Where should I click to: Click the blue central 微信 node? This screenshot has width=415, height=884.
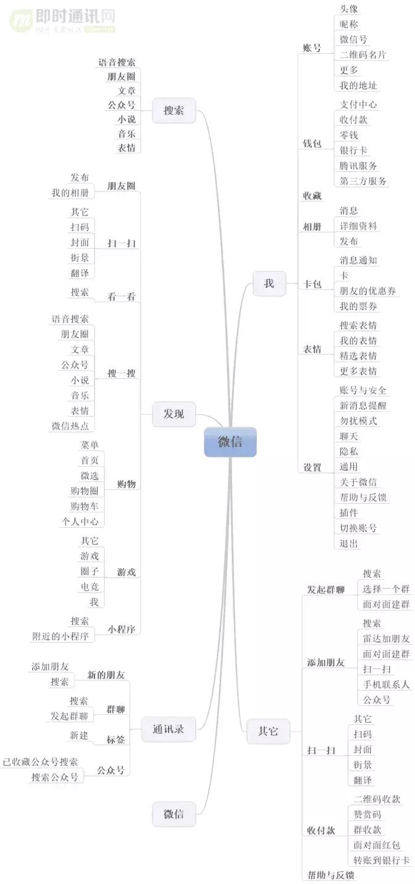point(230,443)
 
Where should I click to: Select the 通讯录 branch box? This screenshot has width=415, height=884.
point(168,730)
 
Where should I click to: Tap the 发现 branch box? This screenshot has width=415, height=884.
point(174,414)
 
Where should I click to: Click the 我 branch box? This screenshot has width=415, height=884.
point(269,284)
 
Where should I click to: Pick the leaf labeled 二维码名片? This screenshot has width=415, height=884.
point(363,55)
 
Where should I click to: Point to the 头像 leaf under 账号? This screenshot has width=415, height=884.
point(349,9)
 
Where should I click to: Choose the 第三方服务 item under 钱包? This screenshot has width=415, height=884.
point(363,181)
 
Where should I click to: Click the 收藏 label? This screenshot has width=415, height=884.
point(312,196)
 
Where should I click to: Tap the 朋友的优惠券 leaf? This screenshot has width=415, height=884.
point(367,291)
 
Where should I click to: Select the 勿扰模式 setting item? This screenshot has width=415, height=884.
point(358,421)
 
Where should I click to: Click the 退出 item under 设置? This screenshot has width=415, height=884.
point(349,544)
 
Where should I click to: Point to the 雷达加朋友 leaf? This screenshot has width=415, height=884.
point(386,639)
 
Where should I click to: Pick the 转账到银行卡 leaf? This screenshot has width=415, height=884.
point(381,861)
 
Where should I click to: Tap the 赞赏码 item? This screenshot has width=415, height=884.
point(367,815)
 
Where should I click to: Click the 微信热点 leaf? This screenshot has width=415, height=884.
point(70,426)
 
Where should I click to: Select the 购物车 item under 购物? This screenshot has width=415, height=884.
point(84,506)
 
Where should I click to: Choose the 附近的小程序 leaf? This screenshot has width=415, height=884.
point(61,636)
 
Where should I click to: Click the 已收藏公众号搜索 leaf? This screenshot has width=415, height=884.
point(41,762)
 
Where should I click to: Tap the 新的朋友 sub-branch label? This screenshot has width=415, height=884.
point(106,675)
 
